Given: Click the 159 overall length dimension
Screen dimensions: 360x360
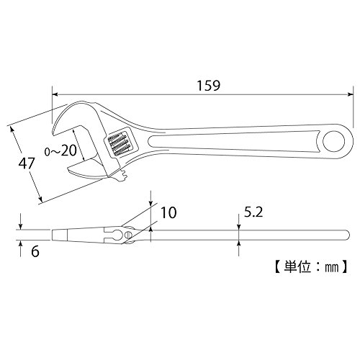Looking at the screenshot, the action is pyautogui.click(x=208, y=86).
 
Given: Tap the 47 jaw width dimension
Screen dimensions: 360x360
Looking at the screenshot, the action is pyautogui.click(x=27, y=163).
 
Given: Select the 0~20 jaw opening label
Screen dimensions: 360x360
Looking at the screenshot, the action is pyautogui.click(x=60, y=150).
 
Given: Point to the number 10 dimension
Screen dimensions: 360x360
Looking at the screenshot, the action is pyautogui.click(x=168, y=212).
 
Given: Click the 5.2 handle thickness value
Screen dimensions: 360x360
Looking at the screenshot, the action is pyautogui.click(x=253, y=212).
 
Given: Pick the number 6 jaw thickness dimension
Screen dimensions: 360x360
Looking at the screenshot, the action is pyautogui.click(x=35, y=251).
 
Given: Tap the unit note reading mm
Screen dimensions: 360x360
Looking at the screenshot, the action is pyautogui.click(x=331, y=267).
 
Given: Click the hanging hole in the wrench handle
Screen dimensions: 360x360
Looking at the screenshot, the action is pyautogui.click(x=334, y=141).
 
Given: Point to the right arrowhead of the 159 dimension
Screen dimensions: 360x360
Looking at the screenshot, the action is pyautogui.click(x=350, y=94).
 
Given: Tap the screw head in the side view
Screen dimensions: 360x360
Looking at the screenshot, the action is pyautogui.click(x=128, y=235).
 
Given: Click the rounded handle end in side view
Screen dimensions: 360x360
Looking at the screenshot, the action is pyautogui.click(x=346, y=235).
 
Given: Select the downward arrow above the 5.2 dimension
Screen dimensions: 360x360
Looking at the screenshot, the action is pyautogui.click(x=238, y=222).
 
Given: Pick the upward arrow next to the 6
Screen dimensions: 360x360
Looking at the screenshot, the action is pyautogui.click(x=20, y=248).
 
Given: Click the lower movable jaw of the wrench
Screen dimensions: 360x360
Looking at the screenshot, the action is pyautogui.click(x=89, y=169).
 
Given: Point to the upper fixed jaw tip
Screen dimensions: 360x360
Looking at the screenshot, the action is pyautogui.click(x=55, y=132).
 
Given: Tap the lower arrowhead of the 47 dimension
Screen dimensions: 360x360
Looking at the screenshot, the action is pyautogui.click(x=40, y=199).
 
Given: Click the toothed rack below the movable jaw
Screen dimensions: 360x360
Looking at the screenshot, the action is pyautogui.click(x=122, y=176).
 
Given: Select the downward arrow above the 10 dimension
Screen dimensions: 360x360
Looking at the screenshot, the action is pyautogui.click(x=150, y=199).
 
